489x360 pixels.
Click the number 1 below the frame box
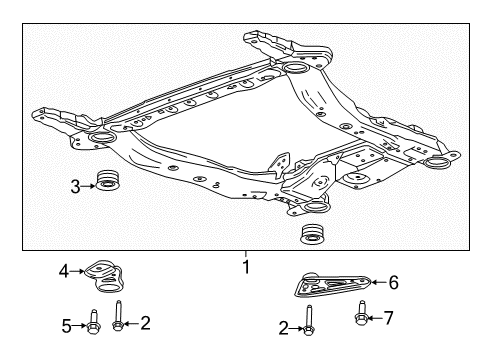245,267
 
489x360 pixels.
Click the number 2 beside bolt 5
145,323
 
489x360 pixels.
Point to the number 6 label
393,283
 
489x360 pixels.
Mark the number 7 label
389,319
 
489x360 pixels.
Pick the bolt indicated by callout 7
361,319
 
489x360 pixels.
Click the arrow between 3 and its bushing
86,184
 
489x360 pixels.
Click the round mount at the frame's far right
438,164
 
